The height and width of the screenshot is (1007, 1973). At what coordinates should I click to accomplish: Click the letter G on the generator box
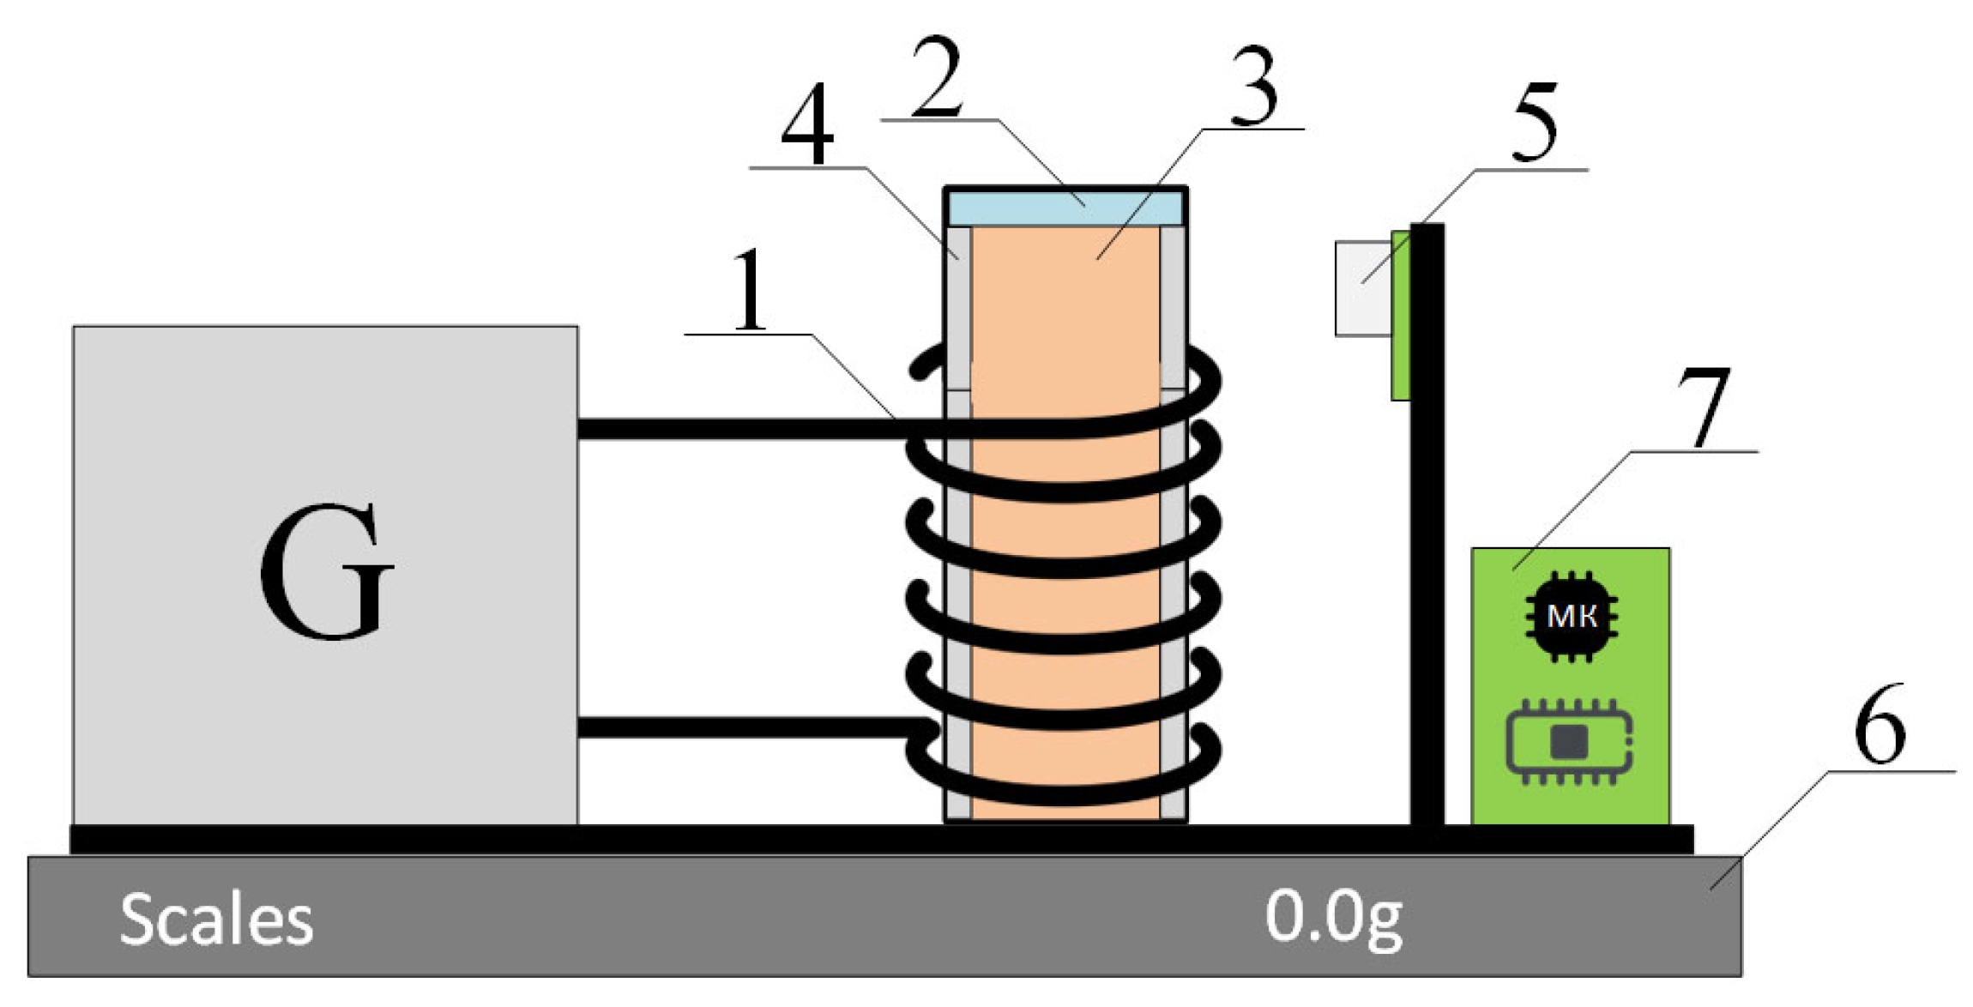(x=326, y=570)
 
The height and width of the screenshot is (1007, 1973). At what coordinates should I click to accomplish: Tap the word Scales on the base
(x=216, y=920)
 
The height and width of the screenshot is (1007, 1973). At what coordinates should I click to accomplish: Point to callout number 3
(x=1254, y=86)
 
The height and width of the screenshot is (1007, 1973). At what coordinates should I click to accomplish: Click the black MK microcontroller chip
(x=1571, y=616)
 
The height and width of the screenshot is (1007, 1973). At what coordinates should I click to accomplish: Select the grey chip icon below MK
(x=1569, y=742)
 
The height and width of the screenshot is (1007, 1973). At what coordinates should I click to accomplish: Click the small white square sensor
(x=1362, y=288)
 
